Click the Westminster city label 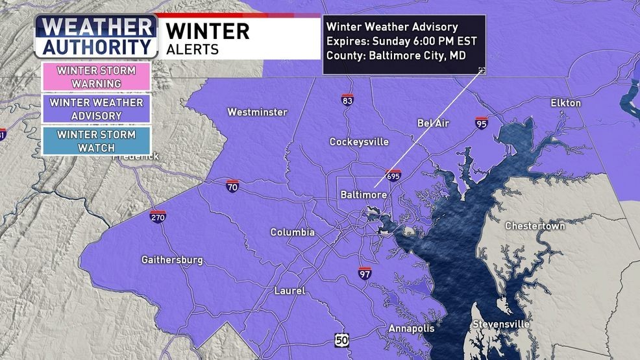click(257, 112)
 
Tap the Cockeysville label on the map click(359, 141)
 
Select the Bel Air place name click(433, 123)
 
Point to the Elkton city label click(565, 103)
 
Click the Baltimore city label click(364, 195)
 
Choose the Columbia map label click(292, 232)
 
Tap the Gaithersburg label click(172, 260)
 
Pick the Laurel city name click(289, 291)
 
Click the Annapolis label click(411, 329)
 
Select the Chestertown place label click(535, 226)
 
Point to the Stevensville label click(500, 324)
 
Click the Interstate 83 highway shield click(348, 100)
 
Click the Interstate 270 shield click(157, 215)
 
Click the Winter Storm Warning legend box click(96, 77)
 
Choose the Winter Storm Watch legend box click(96, 141)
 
